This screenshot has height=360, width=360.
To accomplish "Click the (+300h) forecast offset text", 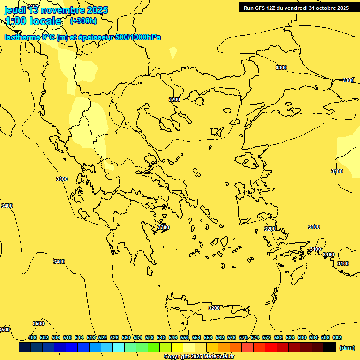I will click(x=83, y=21).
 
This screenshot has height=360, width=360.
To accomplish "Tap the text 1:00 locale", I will click(x=33, y=21).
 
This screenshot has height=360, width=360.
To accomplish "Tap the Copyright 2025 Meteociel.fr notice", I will click(x=198, y=357).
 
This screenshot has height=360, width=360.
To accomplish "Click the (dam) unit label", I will click(x=347, y=347).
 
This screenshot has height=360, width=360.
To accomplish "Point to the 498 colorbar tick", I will click(x=32, y=337).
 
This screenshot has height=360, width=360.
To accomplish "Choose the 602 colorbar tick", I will click(x=337, y=337).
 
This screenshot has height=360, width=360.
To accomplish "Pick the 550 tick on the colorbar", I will click(x=185, y=337).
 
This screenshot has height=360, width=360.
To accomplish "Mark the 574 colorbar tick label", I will click(x=255, y=337).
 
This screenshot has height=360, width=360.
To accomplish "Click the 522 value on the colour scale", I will click(x=103, y=337).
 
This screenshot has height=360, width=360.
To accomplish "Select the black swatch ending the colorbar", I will click(x=330, y=347).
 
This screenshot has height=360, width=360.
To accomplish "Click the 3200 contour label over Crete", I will click(x=214, y=308).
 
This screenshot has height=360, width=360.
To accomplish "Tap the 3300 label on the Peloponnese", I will click(x=163, y=227).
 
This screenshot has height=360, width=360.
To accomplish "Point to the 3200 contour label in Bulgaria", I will click(x=174, y=99).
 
